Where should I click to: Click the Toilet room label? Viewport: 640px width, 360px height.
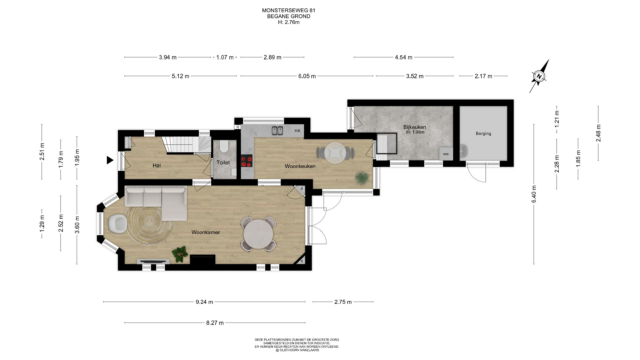click(223, 163)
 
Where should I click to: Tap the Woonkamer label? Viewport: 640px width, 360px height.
click(206, 232)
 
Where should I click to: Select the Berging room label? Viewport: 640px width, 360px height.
click(483, 134)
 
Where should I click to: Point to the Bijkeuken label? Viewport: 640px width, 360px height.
click(415, 127)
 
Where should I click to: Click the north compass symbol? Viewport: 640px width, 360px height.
click(539, 76)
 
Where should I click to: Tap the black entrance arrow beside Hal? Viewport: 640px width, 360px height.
click(110, 160)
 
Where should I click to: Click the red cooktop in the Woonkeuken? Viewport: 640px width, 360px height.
click(247, 161)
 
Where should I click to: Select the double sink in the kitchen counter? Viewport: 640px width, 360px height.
click(277, 130)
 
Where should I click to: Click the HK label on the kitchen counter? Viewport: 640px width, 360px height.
click(297, 131)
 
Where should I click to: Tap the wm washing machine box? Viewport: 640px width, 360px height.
click(446, 154)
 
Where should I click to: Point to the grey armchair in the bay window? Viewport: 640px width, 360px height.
click(117, 223)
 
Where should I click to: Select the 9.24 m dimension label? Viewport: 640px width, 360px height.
click(204, 302)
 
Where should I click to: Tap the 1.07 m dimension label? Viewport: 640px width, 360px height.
click(225, 57)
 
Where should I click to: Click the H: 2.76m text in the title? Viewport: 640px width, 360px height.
click(289, 22)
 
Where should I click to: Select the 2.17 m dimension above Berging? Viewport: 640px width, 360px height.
click(483, 76)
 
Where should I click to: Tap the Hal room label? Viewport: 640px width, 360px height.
click(157, 166)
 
